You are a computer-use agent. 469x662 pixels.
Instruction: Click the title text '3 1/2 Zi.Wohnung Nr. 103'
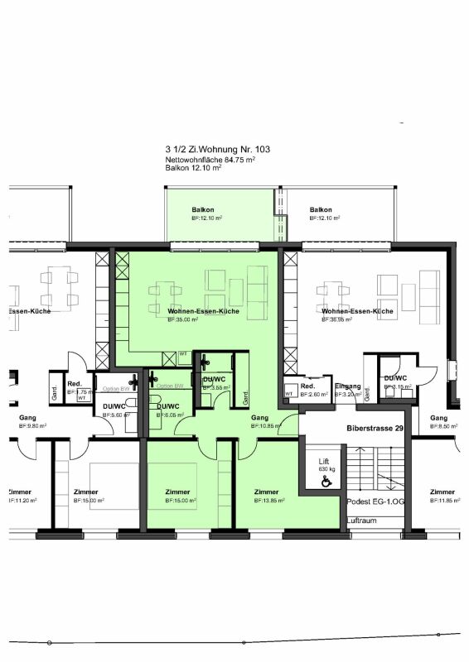point(217,149)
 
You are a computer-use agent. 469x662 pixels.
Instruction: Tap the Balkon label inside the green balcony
point(203,210)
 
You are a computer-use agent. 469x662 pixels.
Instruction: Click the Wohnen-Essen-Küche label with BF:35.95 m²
point(357,311)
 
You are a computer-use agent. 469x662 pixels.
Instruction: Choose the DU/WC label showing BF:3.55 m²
point(215,380)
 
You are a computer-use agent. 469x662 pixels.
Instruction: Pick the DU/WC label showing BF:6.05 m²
point(168,405)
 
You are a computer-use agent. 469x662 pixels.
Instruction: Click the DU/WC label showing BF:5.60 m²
point(114,406)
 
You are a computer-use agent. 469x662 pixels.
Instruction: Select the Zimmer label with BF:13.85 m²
point(267,492)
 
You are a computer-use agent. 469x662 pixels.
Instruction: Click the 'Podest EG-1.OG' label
point(376,502)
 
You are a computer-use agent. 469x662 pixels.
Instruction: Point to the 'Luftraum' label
point(361,520)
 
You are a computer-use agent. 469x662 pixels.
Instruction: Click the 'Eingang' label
point(348,386)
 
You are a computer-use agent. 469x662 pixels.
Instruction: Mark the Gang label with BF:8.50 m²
point(439,418)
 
